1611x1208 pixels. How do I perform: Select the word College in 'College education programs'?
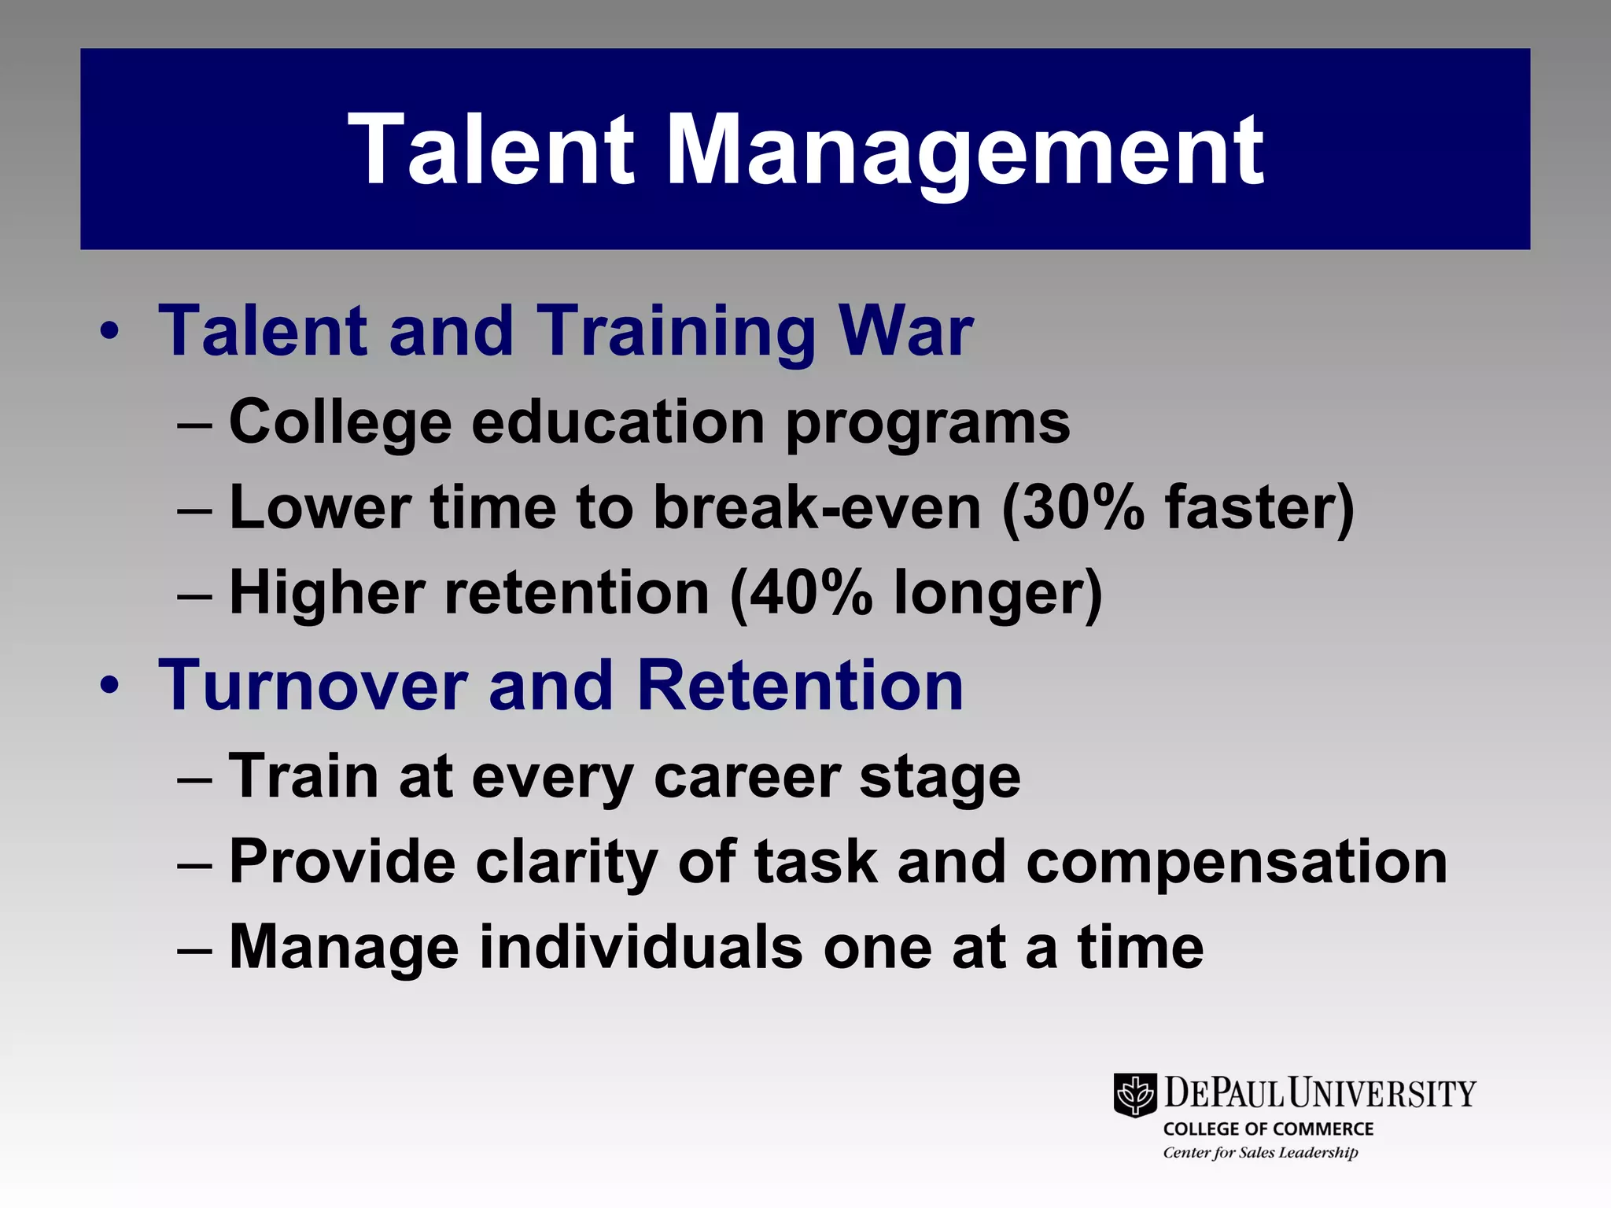340,422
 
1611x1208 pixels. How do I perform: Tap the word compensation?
1237,863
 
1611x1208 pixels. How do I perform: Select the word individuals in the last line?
641,947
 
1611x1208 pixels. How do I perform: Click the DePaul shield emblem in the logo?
1134,1094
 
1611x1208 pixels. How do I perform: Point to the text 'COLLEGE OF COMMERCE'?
1268,1129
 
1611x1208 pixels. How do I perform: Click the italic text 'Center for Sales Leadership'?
1260,1153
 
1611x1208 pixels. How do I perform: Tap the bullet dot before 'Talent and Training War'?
109,331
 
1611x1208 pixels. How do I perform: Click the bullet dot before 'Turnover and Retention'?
109,685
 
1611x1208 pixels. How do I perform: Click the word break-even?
817,508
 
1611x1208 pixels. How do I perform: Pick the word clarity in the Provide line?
566,863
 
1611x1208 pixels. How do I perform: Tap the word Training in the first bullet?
677,331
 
